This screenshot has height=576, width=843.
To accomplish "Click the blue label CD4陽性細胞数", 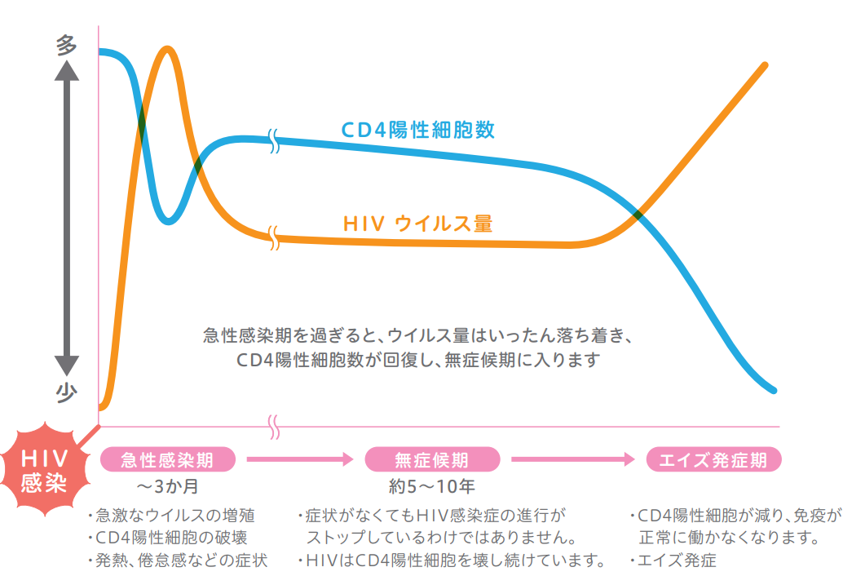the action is click(418, 130).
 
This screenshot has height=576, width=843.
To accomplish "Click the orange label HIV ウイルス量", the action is click(417, 224).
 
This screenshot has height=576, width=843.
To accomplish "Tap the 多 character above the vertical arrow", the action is click(66, 45).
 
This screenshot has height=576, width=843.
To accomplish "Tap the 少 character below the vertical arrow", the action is click(66, 393).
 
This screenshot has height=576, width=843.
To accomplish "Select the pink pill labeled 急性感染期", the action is click(168, 459).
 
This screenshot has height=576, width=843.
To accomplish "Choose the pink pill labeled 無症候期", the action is click(432, 459).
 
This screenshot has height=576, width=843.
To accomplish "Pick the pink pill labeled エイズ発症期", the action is click(713, 459).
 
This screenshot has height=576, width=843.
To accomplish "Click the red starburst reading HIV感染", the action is click(44, 470).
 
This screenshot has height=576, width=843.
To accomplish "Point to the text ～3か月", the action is click(168, 486).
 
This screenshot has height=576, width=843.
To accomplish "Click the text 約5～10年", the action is click(432, 486).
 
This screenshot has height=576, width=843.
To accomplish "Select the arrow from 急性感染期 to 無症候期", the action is click(300, 459).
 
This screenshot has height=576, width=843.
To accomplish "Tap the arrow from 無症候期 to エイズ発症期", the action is click(573, 459).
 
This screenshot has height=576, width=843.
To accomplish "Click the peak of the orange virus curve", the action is click(168, 50).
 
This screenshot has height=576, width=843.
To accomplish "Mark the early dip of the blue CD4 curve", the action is click(168, 220).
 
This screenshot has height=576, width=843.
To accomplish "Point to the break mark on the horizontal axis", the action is click(274, 427).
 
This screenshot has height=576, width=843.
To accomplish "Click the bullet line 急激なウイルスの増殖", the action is click(172, 516).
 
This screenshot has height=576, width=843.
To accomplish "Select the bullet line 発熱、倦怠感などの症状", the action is click(178, 560).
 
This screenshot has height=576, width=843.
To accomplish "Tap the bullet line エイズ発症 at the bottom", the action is click(673, 560).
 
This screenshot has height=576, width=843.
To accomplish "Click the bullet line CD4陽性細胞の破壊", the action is click(168, 538).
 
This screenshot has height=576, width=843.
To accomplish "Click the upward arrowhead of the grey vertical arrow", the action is click(67, 70).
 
